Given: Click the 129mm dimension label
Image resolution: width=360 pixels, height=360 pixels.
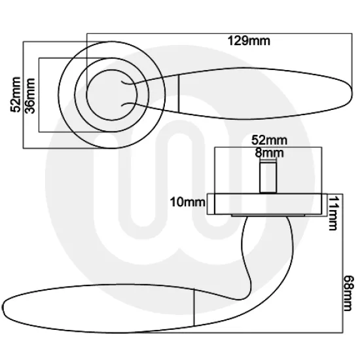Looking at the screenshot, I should click(x=249, y=41).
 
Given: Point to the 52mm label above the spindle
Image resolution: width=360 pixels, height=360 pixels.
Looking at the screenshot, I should click(x=269, y=140).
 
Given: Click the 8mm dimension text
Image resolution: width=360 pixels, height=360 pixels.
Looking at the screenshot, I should click(x=269, y=152).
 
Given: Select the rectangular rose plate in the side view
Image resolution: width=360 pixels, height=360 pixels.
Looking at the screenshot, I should click(x=267, y=204).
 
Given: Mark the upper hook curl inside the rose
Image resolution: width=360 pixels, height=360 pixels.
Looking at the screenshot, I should click(x=129, y=83).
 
